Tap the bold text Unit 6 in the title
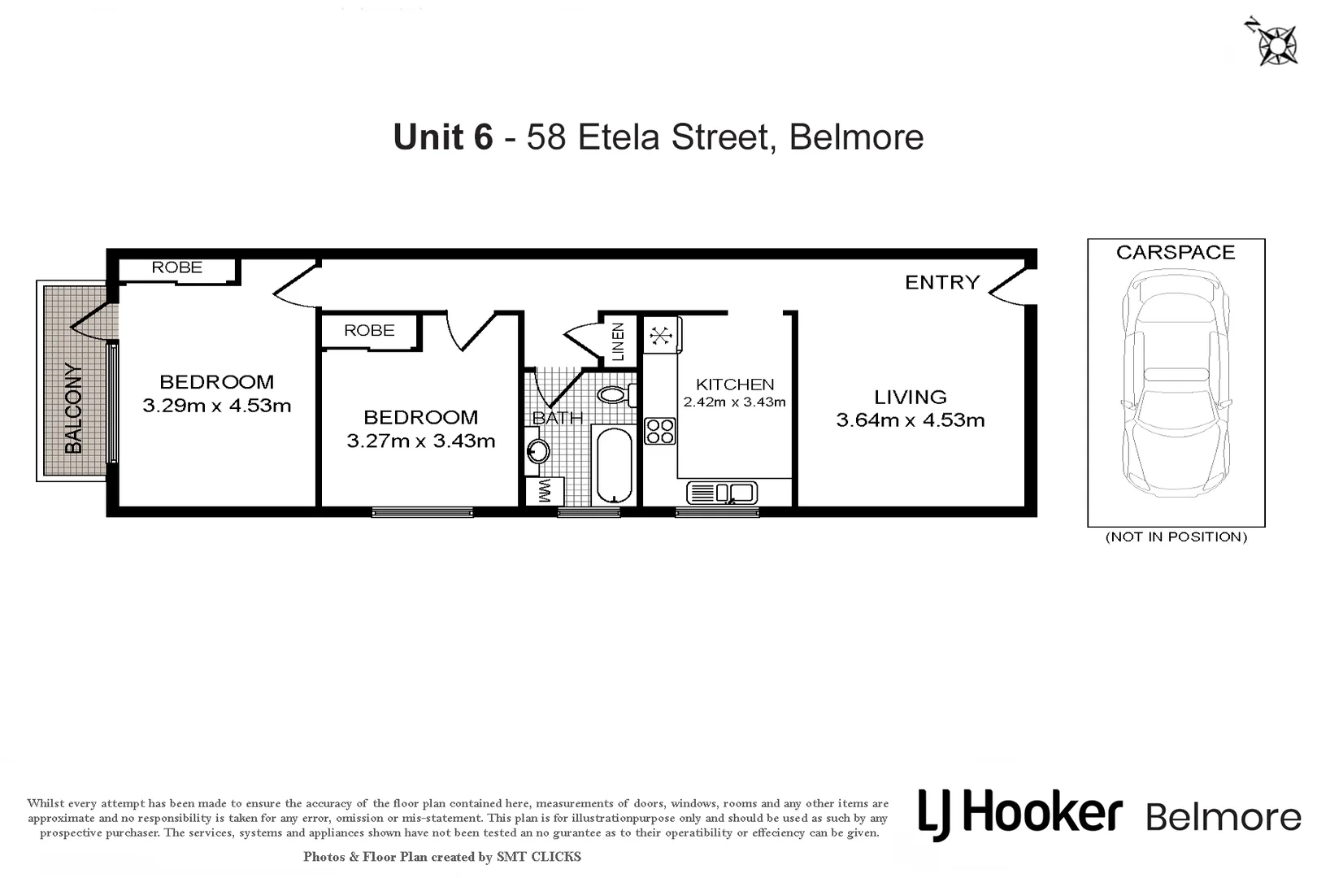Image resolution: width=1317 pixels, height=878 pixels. (x=443, y=137)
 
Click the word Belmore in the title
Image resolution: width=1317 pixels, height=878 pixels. (x=856, y=137)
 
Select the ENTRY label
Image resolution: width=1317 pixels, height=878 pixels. (x=942, y=282)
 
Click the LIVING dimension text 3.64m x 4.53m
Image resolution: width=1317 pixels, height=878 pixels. (x=911, y=420)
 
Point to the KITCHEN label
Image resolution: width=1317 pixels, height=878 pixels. (x=735, y=385)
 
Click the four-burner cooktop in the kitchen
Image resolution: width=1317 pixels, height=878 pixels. (x=660, y=431)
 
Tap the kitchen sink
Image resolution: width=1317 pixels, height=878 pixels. (x=722, y=493)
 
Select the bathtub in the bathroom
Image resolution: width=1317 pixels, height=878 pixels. (x=614, y=465)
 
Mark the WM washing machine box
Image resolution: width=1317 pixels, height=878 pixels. (x=545, y=491)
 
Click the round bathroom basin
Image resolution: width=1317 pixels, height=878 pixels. (x=537, y=450)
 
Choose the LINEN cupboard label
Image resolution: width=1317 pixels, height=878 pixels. (x=618, y=341)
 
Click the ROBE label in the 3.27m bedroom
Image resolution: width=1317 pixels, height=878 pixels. (x=369, y=330)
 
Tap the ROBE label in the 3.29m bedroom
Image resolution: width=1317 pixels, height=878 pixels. (x=177, y=267)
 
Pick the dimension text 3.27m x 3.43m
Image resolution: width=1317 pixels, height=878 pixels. (x=421, y=441)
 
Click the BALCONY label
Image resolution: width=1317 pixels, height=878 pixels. (x=74, y=408)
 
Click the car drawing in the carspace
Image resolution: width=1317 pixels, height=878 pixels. (x=1176, y=382)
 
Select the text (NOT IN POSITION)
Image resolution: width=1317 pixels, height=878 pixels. (x=1176, y=537)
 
